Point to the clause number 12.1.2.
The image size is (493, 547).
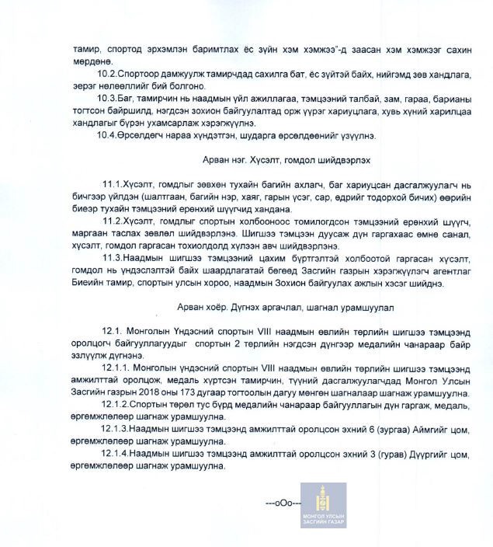point(116,405)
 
